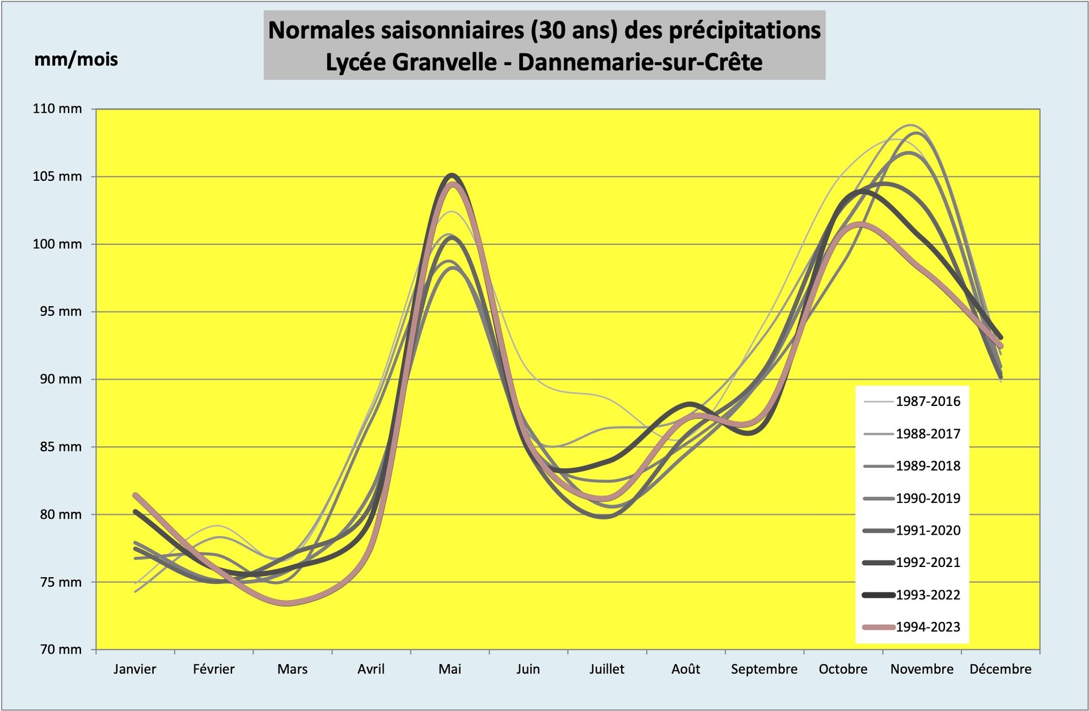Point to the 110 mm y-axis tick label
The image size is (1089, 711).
(57, 109)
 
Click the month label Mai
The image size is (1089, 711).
(450, 669)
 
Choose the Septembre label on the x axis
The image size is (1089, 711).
(764, 669)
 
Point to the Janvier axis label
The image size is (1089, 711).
(134, 669)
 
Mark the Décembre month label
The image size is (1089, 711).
(1001, 669)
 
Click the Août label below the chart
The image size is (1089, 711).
(686, 669)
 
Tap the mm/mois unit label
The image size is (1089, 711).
(76, 60)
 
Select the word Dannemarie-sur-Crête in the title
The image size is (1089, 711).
(640, 62)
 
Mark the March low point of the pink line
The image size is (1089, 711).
(287, 603)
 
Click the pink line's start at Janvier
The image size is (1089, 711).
(135, 495)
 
